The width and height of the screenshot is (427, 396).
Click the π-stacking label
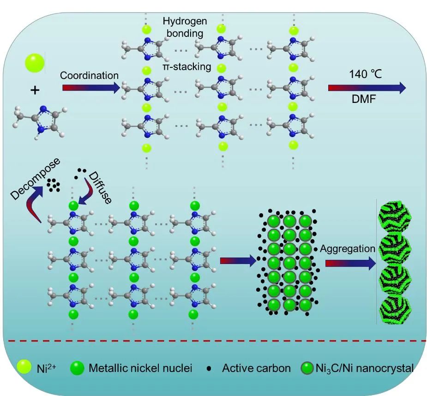pos(186,67)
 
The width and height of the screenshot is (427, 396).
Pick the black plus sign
pos(35,90)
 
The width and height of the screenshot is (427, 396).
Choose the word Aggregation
pos(347,249)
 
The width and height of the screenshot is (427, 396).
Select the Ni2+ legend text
pos(43,368)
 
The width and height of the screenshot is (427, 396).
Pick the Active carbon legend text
pos(256,368)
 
